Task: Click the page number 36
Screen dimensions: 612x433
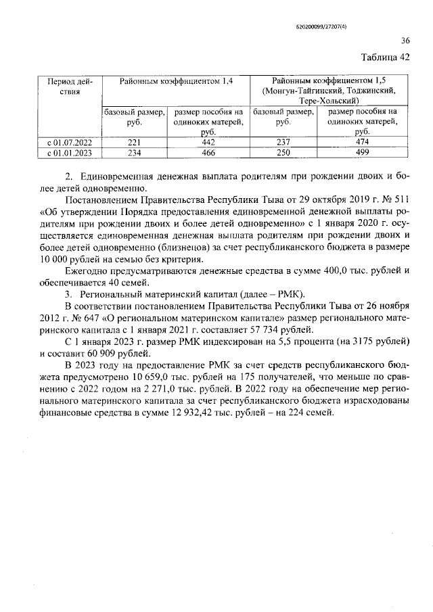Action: (x=405, y=40)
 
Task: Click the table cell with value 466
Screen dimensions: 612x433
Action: (x=208, y=154)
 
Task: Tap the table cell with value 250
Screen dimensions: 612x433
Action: (x=283, y=154)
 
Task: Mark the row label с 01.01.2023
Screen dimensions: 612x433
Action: (x=65, y=154)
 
